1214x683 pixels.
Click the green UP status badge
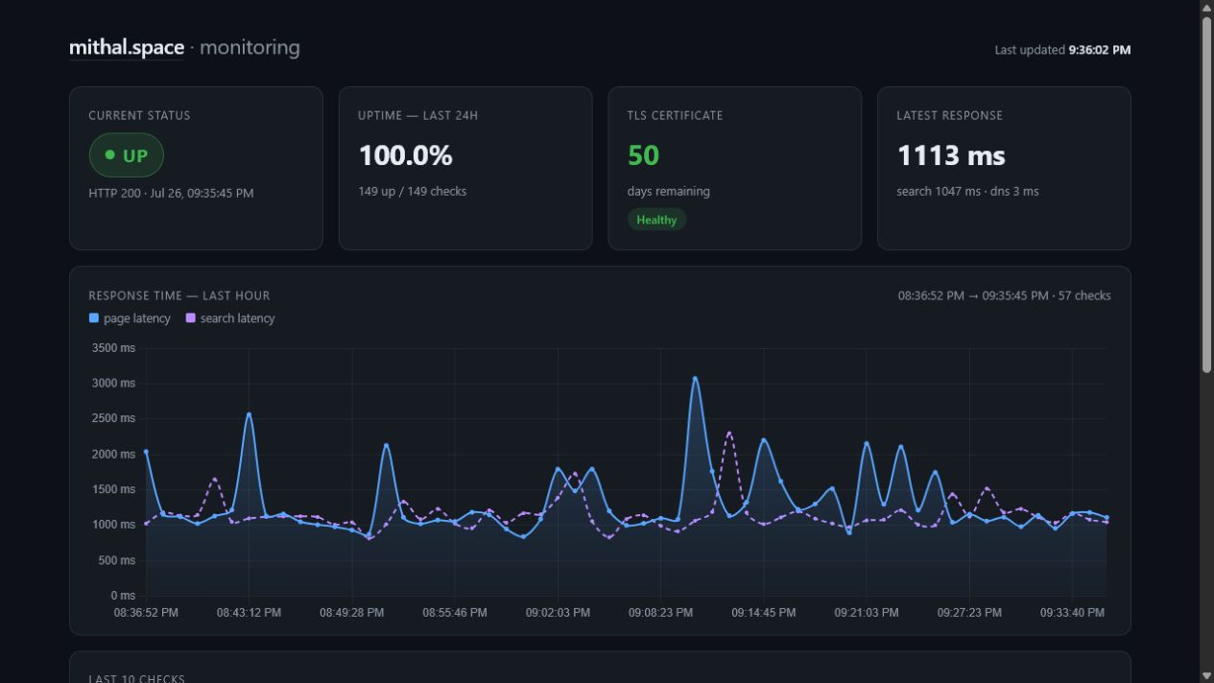[x=127, y=155]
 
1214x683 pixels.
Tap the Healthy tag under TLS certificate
[x=656, y=220]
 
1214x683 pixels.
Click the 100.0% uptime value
[x=405, y=155]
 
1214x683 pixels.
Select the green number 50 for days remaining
[x=643, y=155]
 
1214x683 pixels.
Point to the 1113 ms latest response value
[x=951, y=155]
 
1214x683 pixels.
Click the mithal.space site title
[x=127, y=48]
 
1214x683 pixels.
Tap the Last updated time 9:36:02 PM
[x=1099, y=50]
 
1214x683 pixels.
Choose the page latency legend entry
[x=130, y=318]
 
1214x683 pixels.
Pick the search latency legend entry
[x=230, y=318]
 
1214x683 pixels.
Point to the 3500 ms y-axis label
[x=113, y=347]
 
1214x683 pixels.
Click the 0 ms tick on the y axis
[x=123, y=596]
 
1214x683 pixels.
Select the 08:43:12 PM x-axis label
[x=249, y=613]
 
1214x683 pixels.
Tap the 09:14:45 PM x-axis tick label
[x=764, y=613]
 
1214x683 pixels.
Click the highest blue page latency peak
[x=695, y=379]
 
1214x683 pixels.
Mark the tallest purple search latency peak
[x=729, y=434]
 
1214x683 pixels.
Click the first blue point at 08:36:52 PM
[x=146, y=452]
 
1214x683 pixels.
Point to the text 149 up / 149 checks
[x=413, y=192]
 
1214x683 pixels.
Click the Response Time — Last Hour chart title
[x=179, y=295]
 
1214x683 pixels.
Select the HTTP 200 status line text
[x=171, y=194]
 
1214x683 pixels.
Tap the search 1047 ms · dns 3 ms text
[x=967, y=192]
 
